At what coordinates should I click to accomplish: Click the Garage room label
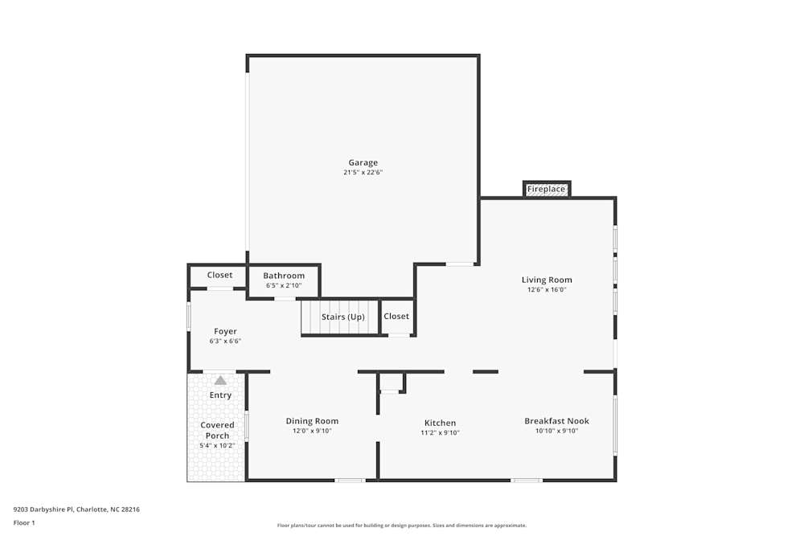[x=363, y=162]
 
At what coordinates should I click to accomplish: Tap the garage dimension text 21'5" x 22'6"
[x=363, y=172]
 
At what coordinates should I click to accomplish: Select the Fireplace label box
[x=546, y=190]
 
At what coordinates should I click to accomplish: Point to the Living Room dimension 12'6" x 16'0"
[x=547, y=289]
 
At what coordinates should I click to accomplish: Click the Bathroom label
[x=284, y=276]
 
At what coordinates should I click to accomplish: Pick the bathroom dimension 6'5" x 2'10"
[x=284, y=285]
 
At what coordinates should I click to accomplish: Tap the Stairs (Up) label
[x=343, y=317]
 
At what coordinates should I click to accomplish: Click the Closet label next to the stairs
[x=396, y=316]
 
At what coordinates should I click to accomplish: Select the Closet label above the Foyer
[x=219, y=275]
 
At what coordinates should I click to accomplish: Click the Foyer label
[x=225, y=331]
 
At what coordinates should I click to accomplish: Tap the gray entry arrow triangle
[x=220, y=380]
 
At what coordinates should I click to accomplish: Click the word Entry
[x=220, y=395]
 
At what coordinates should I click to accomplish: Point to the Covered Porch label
[x=217, y=430]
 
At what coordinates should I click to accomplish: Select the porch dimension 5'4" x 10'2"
[x=217, y=445]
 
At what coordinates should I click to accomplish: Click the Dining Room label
[x=312, y=420]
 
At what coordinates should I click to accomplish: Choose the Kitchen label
[x=440, y=423]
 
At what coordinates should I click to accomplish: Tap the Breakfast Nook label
[x=556, y=420]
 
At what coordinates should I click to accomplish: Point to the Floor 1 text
[x=24, y=522]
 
